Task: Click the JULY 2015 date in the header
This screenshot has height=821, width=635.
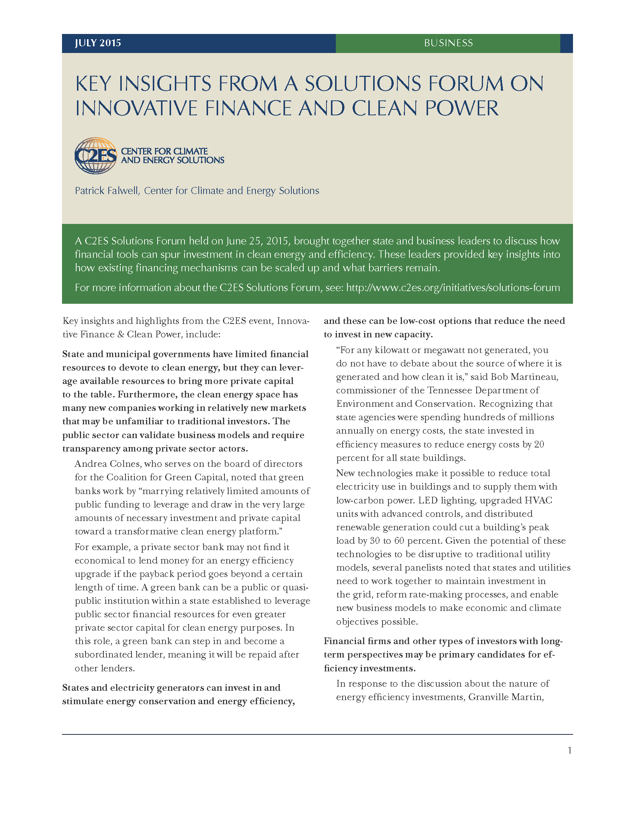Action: (x=98, y=43)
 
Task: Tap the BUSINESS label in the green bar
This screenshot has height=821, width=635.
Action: (x=448, y=43)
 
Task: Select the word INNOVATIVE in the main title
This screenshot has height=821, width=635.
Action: (x=136, y=108)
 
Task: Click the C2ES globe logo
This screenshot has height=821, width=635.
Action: (x=96, y=156)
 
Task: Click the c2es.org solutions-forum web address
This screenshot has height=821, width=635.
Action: (x=453, y=288)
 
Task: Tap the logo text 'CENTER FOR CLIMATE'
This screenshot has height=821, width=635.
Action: (x=164, y=152)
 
